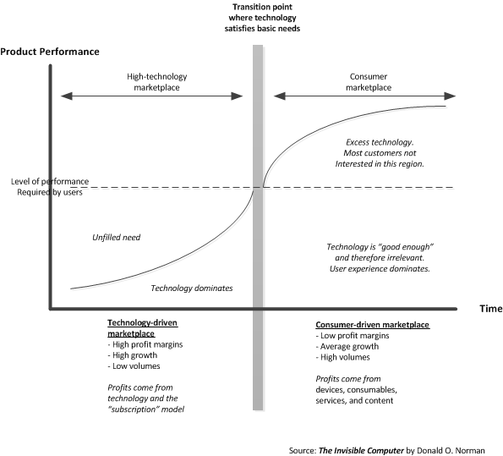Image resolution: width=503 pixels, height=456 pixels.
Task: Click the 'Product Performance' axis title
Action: [x=50, y=52]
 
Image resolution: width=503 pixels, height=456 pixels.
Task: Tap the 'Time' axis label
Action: [x=491, y=309]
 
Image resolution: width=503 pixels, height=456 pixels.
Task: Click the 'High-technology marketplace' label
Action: [x=157, y=82]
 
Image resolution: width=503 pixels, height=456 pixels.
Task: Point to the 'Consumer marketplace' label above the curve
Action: [x=369, y=82]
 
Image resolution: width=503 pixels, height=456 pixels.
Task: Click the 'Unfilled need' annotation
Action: [x=116, y=238]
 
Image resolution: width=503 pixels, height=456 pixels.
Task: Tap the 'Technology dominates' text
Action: [x=192, y=288]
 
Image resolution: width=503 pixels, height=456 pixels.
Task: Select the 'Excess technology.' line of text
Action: [x=380, y=142]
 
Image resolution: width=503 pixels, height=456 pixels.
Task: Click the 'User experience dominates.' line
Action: [x=380, y=268]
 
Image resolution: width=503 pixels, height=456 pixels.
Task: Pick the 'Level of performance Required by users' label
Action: [x=50, y=187]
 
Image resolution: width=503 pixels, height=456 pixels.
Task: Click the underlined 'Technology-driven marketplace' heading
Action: [x=142, y=328]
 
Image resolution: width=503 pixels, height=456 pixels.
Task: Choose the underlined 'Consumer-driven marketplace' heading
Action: [x=373, y=325]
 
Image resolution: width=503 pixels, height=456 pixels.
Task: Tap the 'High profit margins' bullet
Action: [x=145, y=344]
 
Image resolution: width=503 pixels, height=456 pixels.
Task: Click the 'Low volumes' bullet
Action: [x=134, y=366]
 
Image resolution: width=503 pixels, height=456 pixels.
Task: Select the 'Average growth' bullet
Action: [x=347, y=347]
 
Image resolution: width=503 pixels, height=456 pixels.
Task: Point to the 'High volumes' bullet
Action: [x=342, y=357]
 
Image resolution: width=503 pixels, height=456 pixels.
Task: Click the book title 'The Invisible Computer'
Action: [x=361, y=451]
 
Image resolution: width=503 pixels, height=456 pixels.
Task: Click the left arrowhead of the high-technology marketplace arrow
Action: [x=67, y=96]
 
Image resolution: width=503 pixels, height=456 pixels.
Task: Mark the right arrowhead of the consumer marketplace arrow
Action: [x=450, y=96]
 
